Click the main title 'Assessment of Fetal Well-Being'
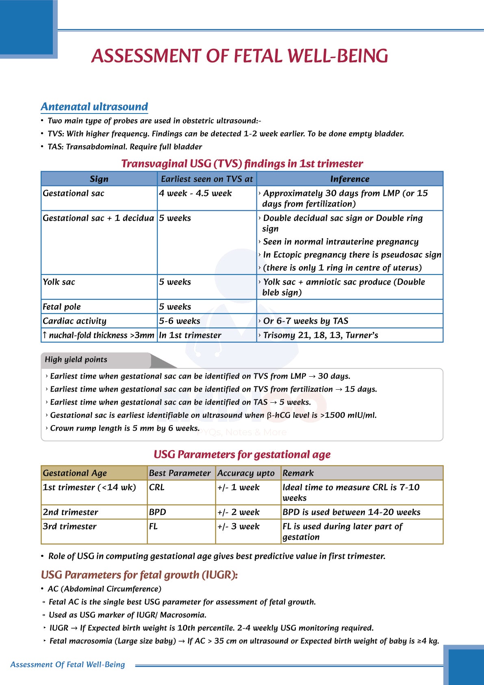[x=240, y=56]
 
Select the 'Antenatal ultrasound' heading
[x=94, y=107]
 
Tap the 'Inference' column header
[x=349, y=179]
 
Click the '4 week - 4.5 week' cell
[x=195, y=193]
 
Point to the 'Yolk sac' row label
[x=59, y=282]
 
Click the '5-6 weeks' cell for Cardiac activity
[x=180, y=321]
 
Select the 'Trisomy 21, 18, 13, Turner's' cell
[x=320, y=335]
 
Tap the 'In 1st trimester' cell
[x=190, y=335]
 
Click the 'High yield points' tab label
[x=76, y=360]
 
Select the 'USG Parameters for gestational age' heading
[x=242, y=454]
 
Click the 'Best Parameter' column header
[x=180, y=473]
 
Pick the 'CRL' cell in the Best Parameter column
[x=157, y=487]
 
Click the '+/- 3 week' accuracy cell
[x=238, y=526]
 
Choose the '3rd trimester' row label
[x=70, y=526]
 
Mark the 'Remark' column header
[x=298, y=473]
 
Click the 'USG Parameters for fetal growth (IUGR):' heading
[x=139, y=575]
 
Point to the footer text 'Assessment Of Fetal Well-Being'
[x=67, y=665]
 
